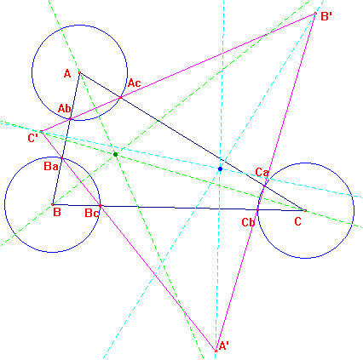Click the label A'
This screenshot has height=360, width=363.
[224, 346]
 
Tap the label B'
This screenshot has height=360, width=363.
[326, 16]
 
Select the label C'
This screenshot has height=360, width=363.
[33, 138]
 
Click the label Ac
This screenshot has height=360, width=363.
[134, 83]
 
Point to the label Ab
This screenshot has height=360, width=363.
[65, 108]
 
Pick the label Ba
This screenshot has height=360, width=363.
[51, 166]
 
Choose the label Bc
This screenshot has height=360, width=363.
[92, 213]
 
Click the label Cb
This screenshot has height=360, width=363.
[248, 222]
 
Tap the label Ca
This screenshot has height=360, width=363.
[262, 172]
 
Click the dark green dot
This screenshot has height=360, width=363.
[115, 154]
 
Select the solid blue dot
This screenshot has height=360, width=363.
[220, 169]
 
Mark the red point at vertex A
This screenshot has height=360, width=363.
[79, 72]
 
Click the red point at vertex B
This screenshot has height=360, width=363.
[53, 204]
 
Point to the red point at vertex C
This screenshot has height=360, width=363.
[305, 210]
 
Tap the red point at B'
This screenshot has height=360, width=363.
[315, 14]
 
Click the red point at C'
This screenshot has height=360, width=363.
[42, 132]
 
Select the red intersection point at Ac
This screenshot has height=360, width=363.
[120, 98]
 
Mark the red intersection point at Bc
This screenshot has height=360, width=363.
[100, 205]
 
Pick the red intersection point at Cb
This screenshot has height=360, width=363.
[257, 209]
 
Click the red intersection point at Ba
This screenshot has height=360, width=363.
[61, 157]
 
